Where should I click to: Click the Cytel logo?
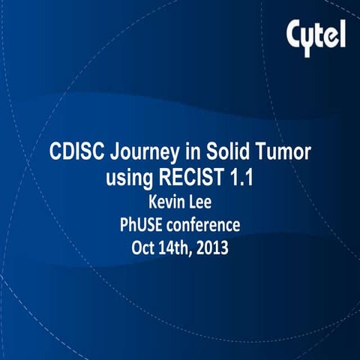[x=316, y=34]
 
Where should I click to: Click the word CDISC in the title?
[x=76, y=151]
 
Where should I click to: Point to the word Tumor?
[x=284, y=151]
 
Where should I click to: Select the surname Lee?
[x=205, y=202]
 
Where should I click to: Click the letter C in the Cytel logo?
[x=295, y=33]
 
